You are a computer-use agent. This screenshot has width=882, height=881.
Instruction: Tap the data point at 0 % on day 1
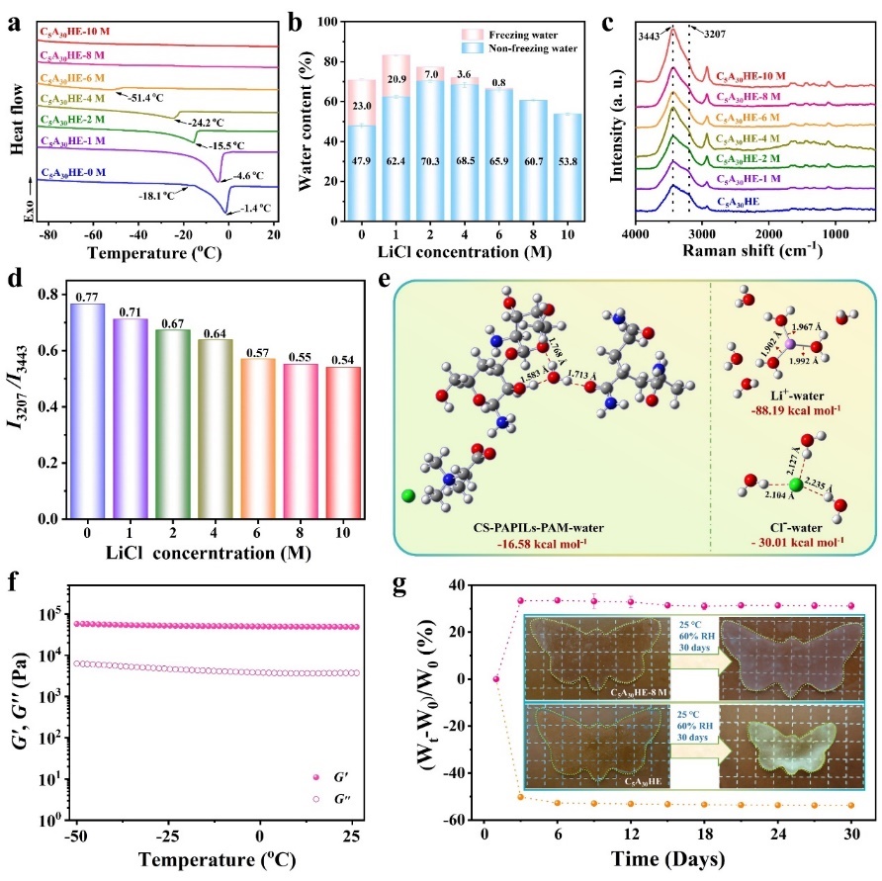coord(496,678)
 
